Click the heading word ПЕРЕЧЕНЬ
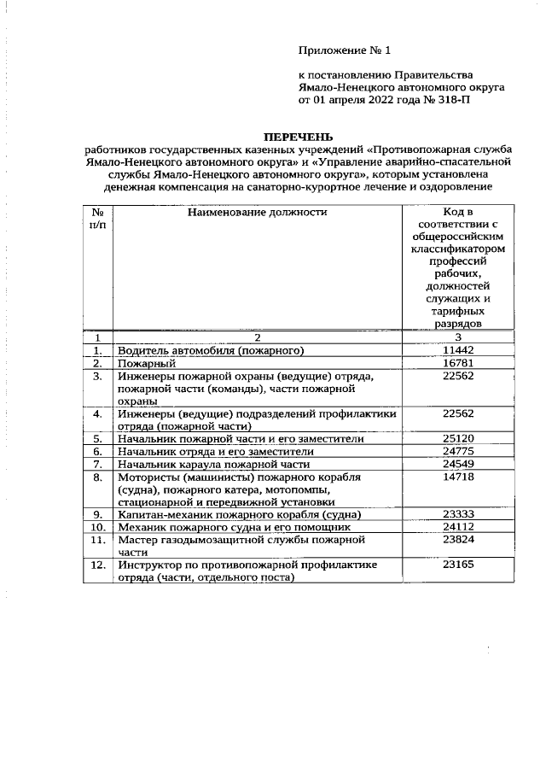coord(298,137)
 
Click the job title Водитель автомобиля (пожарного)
coord(211,350)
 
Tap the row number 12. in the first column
coord(98,565)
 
